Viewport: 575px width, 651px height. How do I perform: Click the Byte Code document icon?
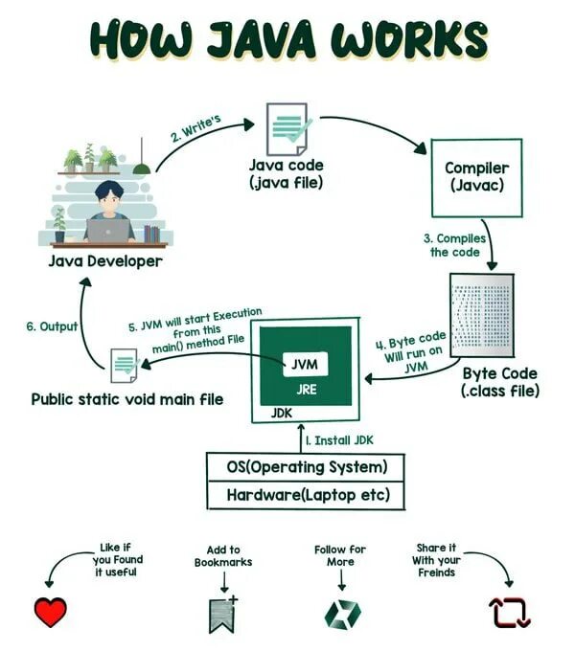pos(481,315)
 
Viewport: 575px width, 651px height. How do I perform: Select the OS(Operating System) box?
pos(306,468)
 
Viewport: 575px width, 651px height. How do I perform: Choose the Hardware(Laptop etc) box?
pos(306,496)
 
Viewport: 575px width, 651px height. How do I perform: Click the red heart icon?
pos(51,613)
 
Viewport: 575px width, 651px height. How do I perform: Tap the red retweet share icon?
pos(510,613)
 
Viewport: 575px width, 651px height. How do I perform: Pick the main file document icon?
pos(124,366)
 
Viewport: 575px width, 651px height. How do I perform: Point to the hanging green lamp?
pos(142,168)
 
